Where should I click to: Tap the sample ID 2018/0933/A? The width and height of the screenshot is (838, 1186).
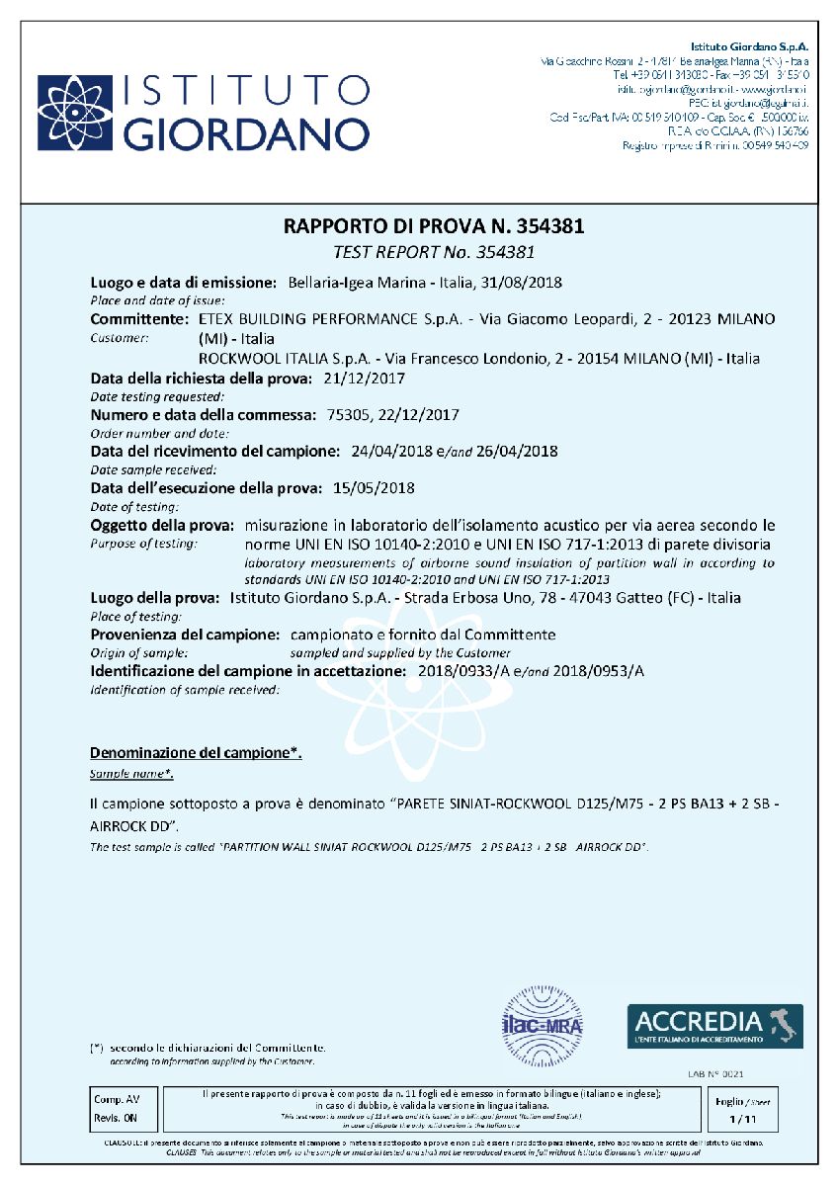tap(461, 671)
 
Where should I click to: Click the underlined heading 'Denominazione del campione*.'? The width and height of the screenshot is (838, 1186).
tap(196, 753)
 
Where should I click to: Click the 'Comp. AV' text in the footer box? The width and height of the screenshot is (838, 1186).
tap(117, 1099)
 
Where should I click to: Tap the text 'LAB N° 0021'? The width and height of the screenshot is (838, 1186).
tap(714, 1072)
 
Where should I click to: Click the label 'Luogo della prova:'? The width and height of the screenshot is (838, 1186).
tap(154, 598)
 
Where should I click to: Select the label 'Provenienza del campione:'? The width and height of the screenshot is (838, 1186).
tap(186, 635)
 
